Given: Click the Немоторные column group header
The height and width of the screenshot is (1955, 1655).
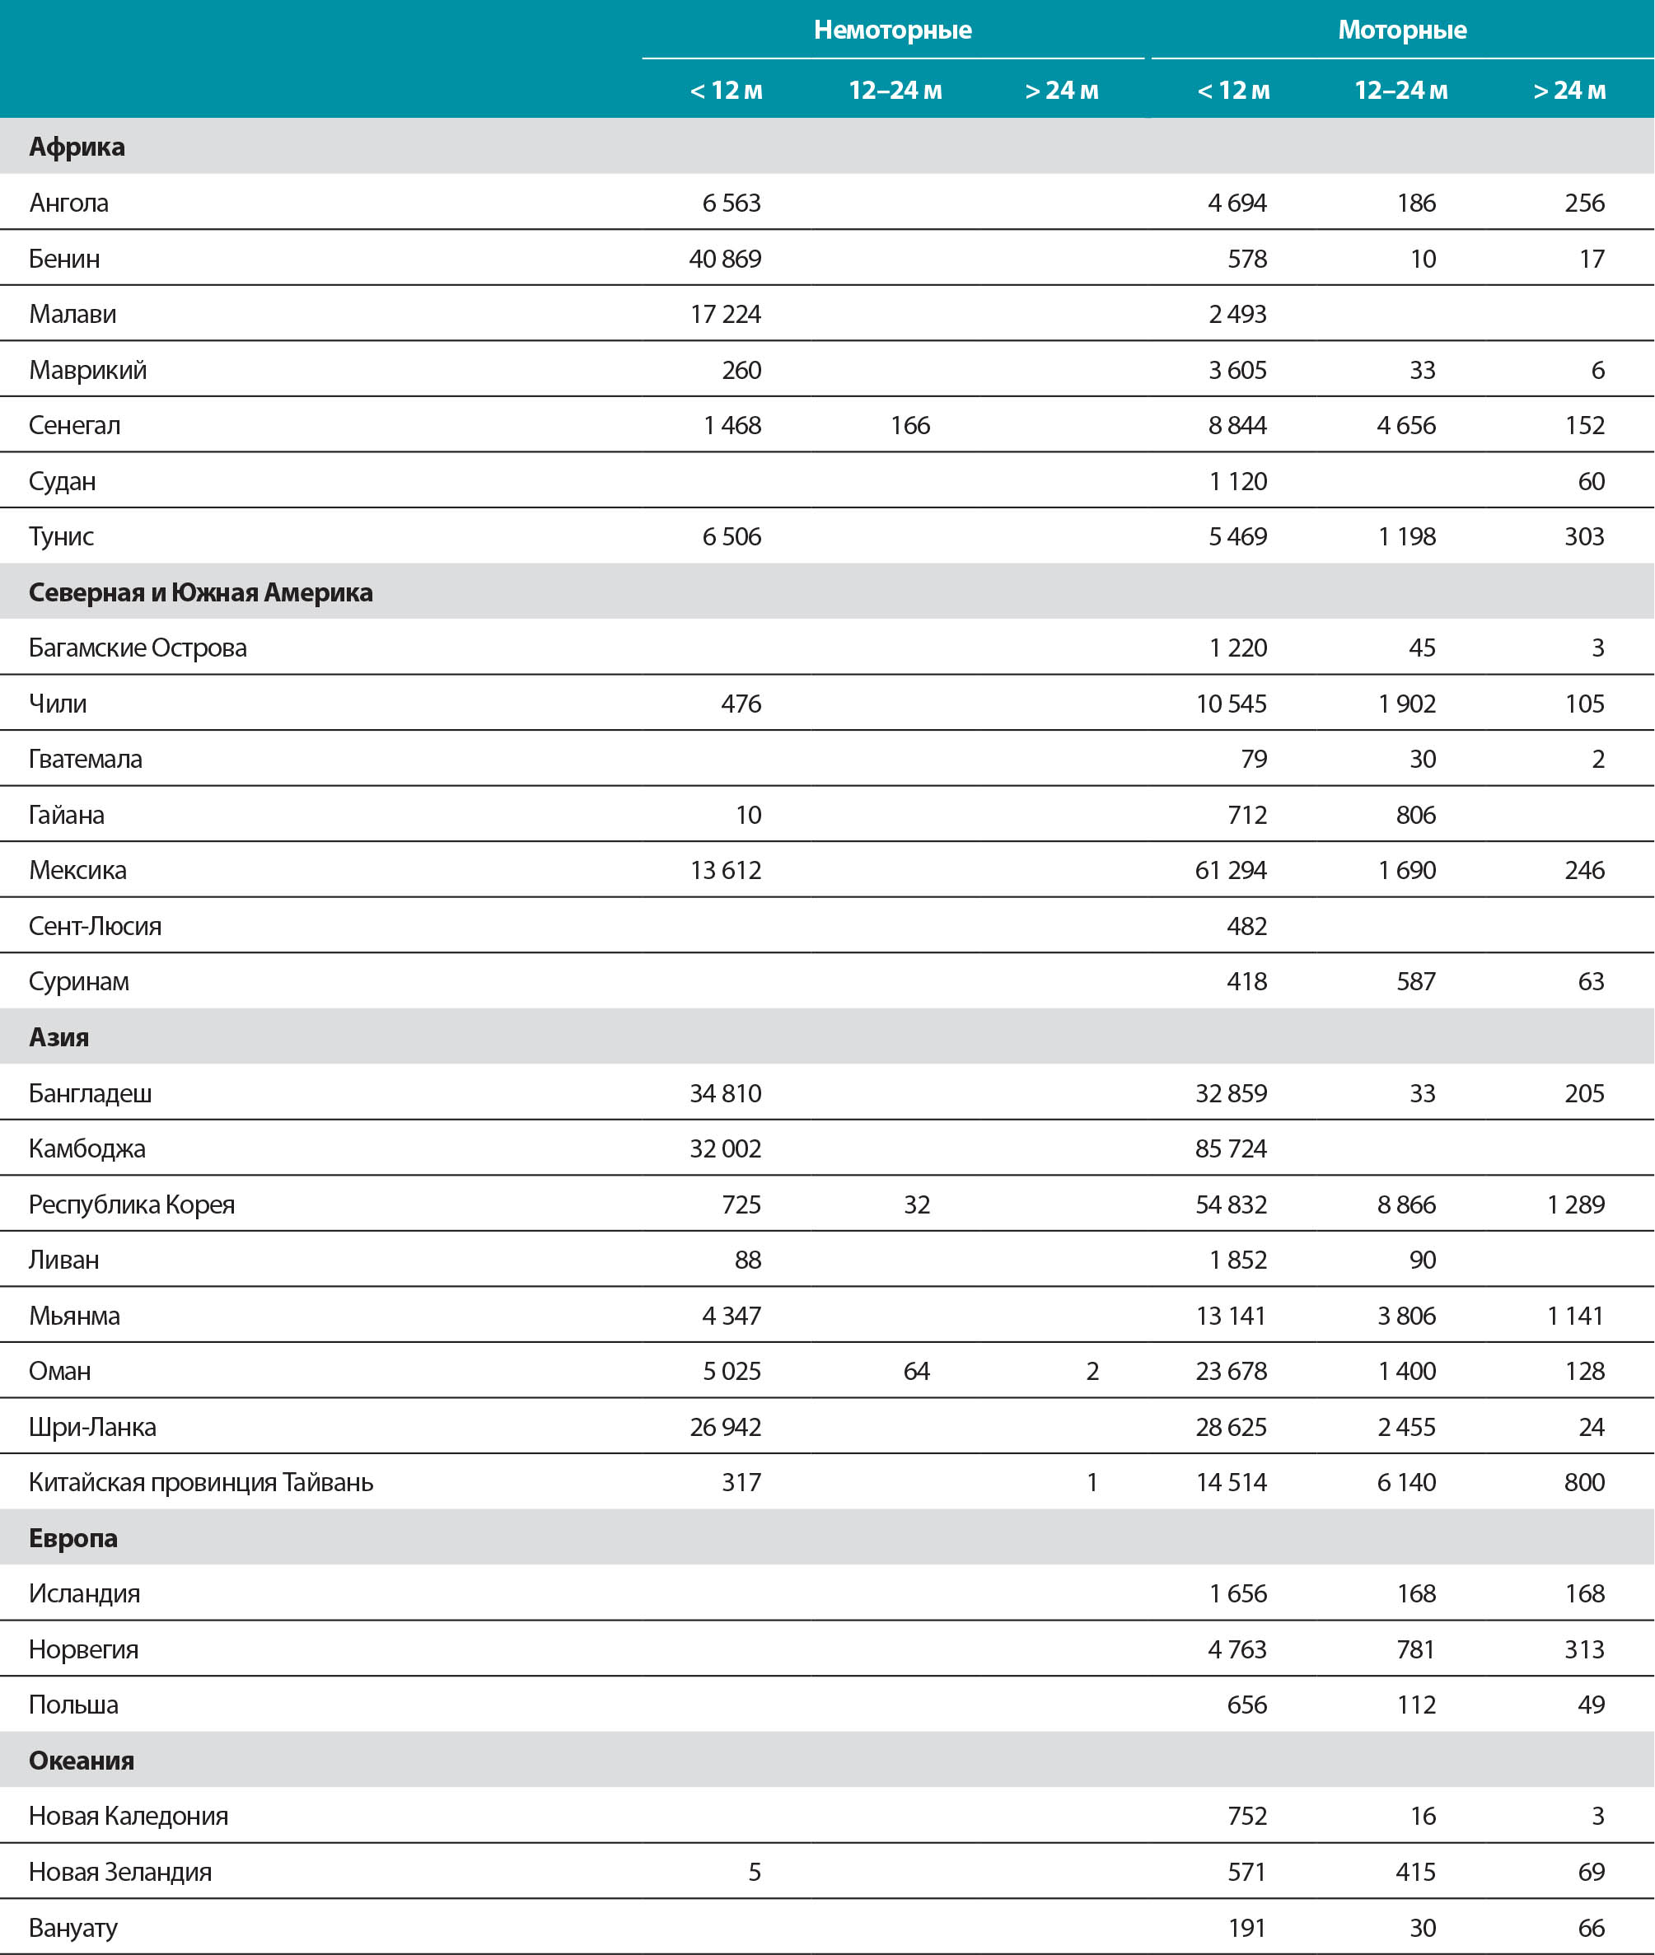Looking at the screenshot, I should point(892,30).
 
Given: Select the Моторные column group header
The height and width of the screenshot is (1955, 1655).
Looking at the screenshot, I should point(1402,30).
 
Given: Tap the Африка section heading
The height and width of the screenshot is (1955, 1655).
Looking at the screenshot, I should point(77,147).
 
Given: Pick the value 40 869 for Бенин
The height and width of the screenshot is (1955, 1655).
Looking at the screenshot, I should point(724,258).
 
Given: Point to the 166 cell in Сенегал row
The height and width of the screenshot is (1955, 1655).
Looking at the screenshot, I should point(909,425).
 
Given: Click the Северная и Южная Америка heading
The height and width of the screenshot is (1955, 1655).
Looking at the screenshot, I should point(201,592).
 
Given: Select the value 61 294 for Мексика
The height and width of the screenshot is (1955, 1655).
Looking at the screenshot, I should point(1230,870).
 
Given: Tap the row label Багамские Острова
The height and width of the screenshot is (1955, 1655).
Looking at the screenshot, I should point(138,648).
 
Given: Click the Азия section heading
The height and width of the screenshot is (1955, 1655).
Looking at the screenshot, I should point(59,1036).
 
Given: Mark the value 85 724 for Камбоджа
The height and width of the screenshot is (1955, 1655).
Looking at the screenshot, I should point(1230,1148).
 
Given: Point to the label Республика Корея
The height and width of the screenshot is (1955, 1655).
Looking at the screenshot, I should point(131,1204).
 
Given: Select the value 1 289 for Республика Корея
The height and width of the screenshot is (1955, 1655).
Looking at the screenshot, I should point(1575,1204).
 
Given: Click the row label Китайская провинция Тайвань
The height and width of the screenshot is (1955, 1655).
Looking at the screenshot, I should point(201,1482).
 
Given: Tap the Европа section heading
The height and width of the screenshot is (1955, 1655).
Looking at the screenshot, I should point(73,1537).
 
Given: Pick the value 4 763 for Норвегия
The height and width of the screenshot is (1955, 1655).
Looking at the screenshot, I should point(1237,1649).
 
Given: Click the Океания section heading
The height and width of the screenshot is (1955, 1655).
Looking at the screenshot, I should point(82,1760).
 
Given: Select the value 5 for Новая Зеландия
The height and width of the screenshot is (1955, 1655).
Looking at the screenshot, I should point(754,1872).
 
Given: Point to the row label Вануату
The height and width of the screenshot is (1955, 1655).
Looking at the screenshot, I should point(73,1928).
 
